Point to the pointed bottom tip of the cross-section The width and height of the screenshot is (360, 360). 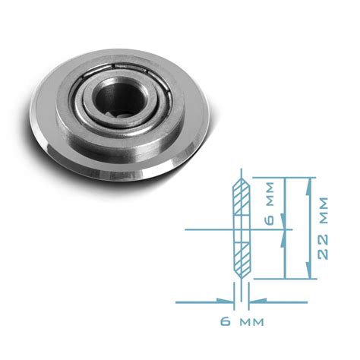(239, 279)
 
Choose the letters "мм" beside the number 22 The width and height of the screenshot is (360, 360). (324, 210)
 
